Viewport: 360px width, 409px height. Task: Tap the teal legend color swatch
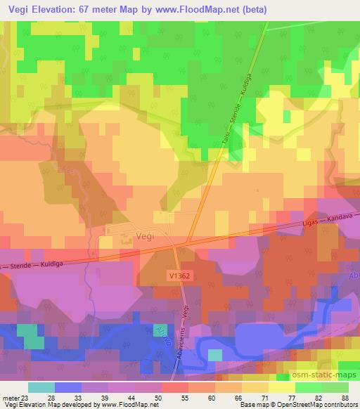[41, 387]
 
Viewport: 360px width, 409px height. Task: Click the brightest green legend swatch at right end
[335, 387]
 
